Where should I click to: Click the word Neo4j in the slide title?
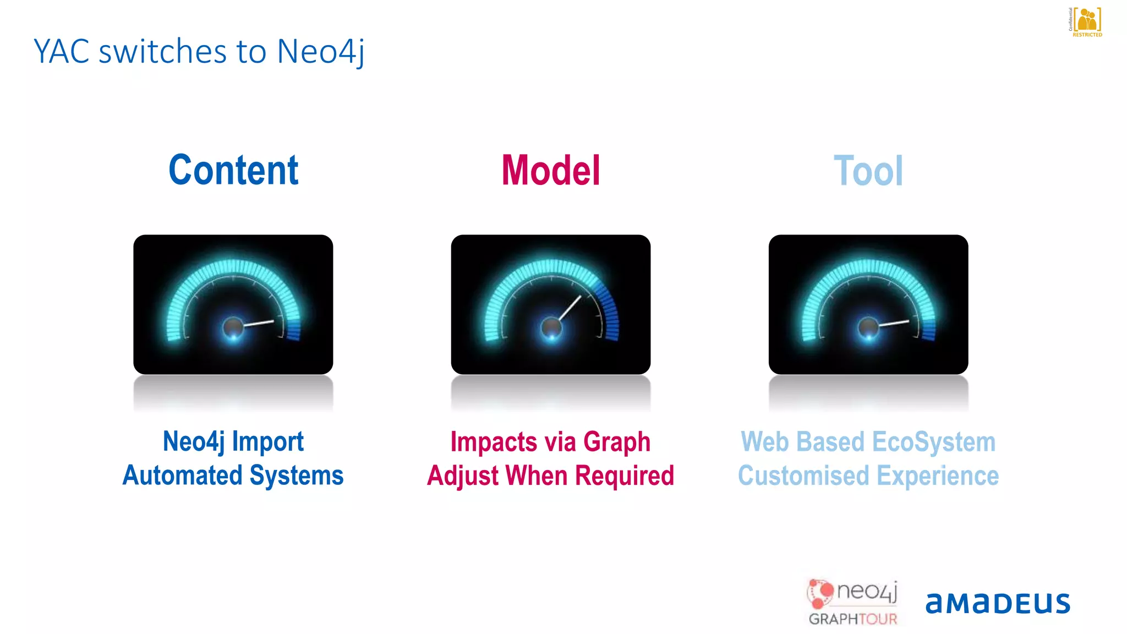click(x=320, y=52)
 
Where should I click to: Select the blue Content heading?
click(x=233, y=170)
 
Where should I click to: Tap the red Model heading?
click(x=550, y=171)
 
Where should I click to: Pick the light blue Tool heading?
click(x=868, y=171)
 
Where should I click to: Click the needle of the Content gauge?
click(x=259, y=323)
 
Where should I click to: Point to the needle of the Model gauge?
click(x=570, y=308)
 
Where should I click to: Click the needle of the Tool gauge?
click(x=894, y=323)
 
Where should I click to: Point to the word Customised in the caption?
click(x=803, y=475)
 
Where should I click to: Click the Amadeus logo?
click(x=998, y=603)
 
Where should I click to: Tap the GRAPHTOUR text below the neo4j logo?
click(x=852, y=619)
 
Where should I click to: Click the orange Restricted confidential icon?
click(x=1087, y=21)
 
